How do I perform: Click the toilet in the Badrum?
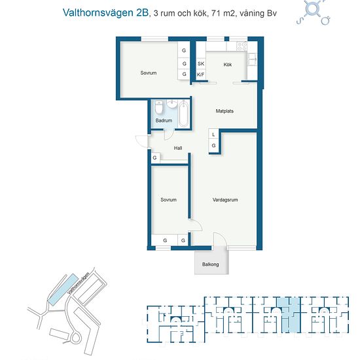click(159, 107)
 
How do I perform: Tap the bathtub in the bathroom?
click(184, 114)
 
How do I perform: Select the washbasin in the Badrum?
click(171, 104)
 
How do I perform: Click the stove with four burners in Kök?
click(242, 46)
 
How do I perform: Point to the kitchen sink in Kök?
click(252, 60)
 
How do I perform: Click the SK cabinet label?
click(201, 63)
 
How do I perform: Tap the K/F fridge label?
click(201, 75)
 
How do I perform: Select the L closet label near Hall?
click(213, 135)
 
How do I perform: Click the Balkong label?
click(210, 264)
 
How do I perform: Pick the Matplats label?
click(225, 111)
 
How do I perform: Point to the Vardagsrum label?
click(225, 200)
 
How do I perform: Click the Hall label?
click(178, 148)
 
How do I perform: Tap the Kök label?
click(228, 65)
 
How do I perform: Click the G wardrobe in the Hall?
click(155, 158)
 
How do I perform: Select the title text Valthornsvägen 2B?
click(106, 13)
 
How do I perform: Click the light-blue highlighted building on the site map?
click(62, 289)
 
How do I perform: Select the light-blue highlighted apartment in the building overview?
click(289, 315)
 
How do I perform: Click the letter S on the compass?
click(299, 22)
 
